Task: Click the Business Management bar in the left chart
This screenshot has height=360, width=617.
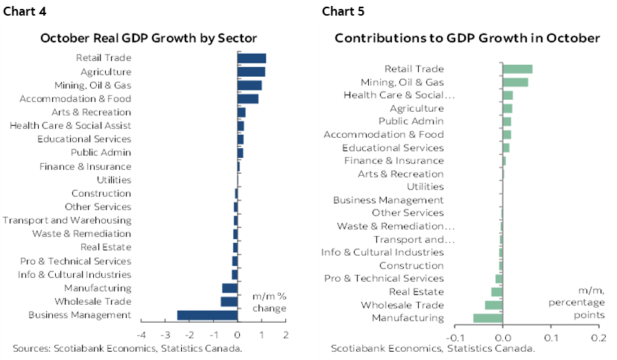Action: [x=207, y=315]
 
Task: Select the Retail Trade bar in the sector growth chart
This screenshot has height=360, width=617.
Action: [x=252, y=58]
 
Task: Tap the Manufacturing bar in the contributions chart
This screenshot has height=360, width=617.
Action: [x=488, y=318]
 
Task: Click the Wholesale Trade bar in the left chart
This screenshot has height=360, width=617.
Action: [x=229, y=302]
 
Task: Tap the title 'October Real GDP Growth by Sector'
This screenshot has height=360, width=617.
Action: [x=148, y=38]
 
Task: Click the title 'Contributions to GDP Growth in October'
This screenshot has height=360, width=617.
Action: [x=467, y=38]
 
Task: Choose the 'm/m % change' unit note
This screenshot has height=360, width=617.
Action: [x=270, y=302]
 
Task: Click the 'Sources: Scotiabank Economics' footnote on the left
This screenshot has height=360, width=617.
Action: [x=127, y=348]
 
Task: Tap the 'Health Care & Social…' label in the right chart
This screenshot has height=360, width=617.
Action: [x=399, y=95]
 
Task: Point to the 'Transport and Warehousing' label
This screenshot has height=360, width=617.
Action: [x=67, y=220]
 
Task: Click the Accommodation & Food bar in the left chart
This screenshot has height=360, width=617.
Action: [x=248, y=98]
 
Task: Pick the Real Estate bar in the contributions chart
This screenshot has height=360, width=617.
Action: [x=497, y=291]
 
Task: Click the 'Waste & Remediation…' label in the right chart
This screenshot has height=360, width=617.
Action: [x=396, y=227]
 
